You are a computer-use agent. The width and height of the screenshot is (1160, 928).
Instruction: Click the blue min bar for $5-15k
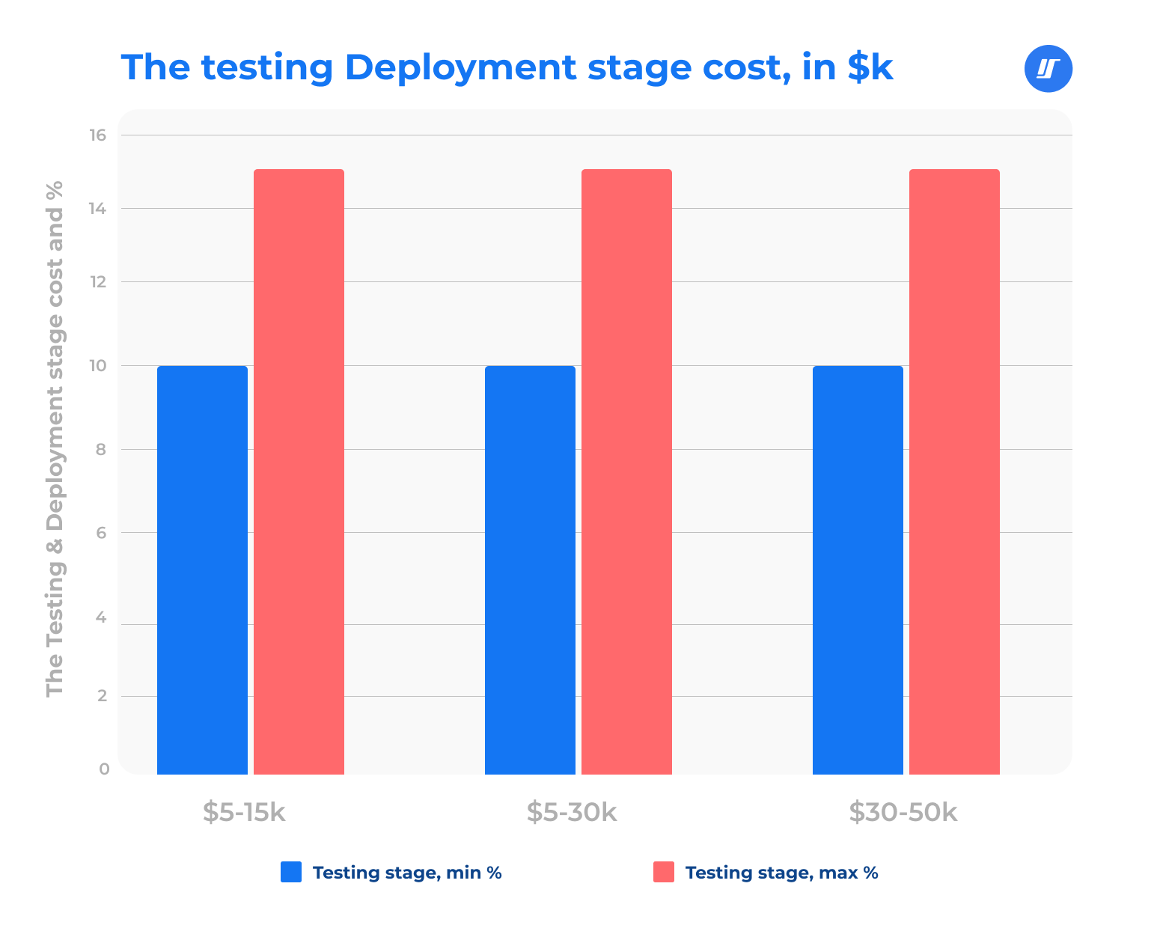pyautogui.click(x=202, y=570)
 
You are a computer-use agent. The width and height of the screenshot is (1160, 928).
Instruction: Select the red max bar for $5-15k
pyautogui.click(x=299, y=471)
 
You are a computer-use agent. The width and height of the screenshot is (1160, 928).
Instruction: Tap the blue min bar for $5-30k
pyautogui.click(x=530, y=570)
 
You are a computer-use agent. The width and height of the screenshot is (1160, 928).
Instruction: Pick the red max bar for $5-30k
pyautogui.click(x=626, y=471)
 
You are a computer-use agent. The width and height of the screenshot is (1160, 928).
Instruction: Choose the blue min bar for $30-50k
pyautogui.click(x=858, y=570)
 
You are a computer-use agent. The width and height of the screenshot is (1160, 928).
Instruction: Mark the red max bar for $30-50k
pyautogui.click(x=954, y=471)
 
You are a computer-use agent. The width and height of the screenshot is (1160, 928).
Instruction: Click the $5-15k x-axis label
pyautogui.click(x=244, y=812)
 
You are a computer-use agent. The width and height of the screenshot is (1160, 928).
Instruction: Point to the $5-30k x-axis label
pyautogui.click(x=571, y=812)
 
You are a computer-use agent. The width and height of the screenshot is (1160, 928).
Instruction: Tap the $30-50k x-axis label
pyautogui.click(x=903, y=812)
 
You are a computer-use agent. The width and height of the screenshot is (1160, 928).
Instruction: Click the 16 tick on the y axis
pyautogui.click(x=99, y=135)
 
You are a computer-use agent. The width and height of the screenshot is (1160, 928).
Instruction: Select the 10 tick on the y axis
pyautogui.click(x=99, y=366)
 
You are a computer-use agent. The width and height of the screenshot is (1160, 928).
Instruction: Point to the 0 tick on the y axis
pyautogui.click(x=104, y=769)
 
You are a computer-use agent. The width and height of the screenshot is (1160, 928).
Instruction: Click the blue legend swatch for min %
pyautogui.click(x=291, y=872)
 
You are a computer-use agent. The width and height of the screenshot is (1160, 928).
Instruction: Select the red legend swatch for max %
pyautogui.click(x=663, y=872)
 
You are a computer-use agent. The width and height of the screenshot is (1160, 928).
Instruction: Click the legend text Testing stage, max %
pyautogui.click(x=781, y=873)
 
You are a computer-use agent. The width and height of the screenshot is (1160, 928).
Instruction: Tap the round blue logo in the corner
pyautogui.click(x=1048, y=69)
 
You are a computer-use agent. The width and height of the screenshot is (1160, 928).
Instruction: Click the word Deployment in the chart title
pyautogui.click(x=460, y=67)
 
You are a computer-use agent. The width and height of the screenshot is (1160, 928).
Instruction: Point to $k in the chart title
pyautogui.click(x=870, y=67)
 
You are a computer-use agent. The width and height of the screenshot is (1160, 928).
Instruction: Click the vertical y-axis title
pyautogui.click(x=55, y=439)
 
